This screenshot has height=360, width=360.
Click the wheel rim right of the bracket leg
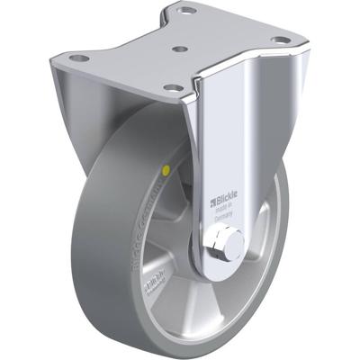[x=261, y=243]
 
